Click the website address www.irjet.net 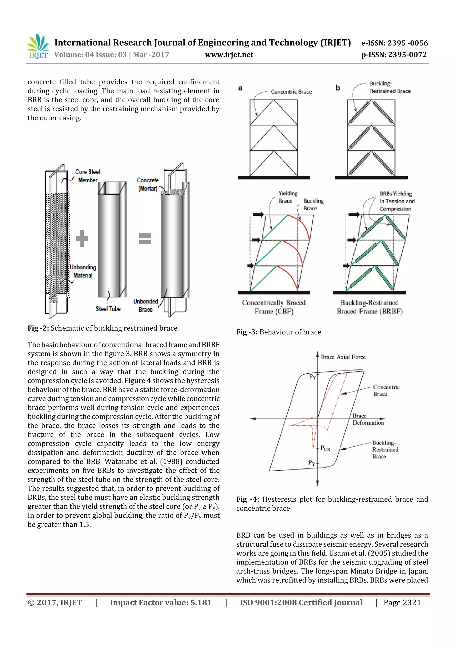(229, 55)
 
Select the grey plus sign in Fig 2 (82, 238)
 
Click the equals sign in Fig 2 (145, 238)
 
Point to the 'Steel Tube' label (108, 309)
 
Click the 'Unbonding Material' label (83, 271)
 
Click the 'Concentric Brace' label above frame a (291, 92)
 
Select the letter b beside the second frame (338, 88)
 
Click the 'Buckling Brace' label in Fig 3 (313, 205)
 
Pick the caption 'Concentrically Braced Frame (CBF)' (274, 307)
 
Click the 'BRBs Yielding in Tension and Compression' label (397, 201)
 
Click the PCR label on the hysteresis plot (325, 448)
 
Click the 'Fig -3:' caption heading (247, 332)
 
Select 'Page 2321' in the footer (402, 602)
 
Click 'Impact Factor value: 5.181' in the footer (161, 602)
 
